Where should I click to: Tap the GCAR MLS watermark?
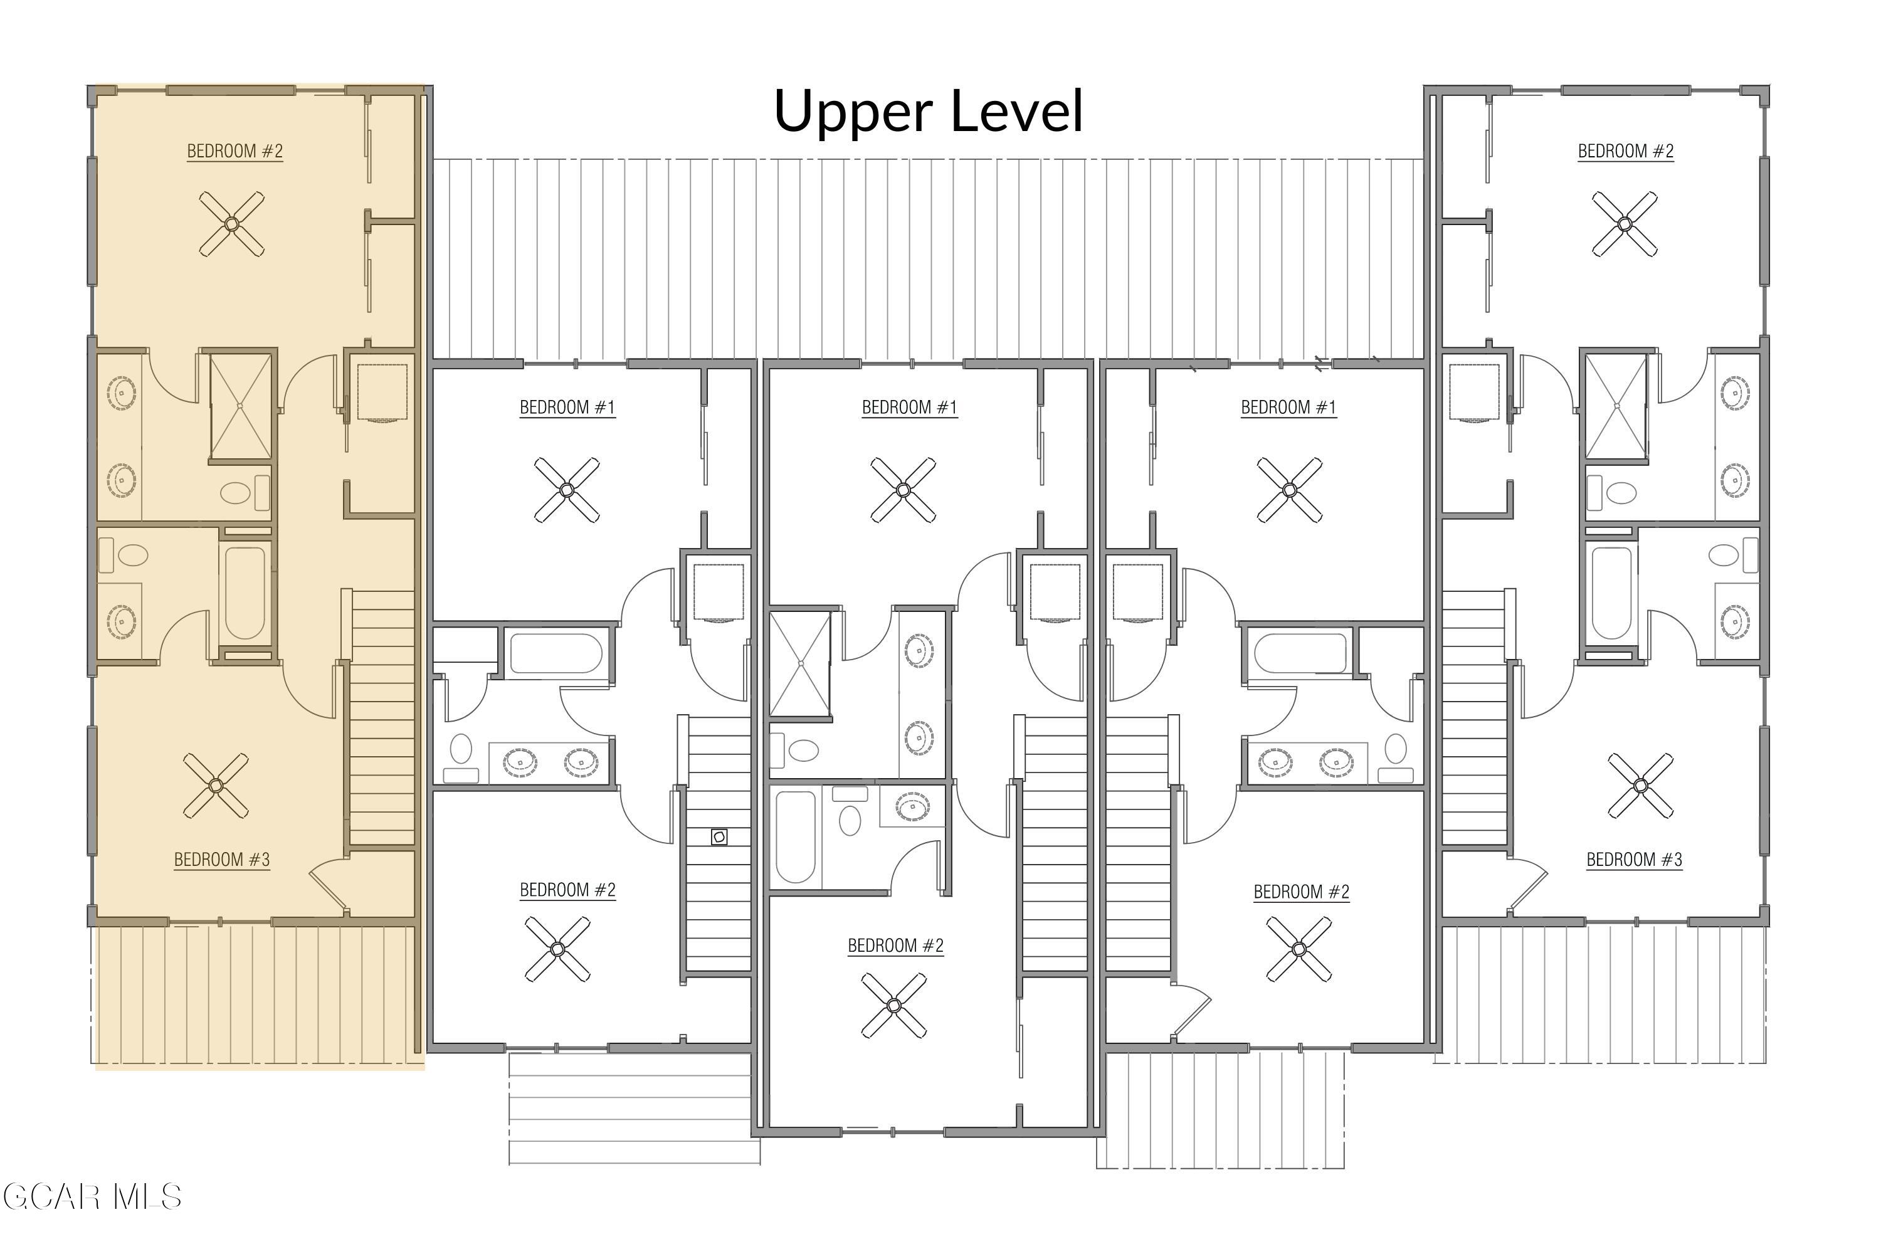[92, 1197]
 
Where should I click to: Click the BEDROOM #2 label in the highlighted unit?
[234, 151]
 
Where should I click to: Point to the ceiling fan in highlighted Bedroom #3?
[215, 786]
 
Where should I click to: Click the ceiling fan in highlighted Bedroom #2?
[231, 224]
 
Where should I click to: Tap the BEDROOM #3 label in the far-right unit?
[1634, 860]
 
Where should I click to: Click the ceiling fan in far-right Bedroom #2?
[1625, 224]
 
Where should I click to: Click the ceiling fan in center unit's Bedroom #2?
[894, 1005]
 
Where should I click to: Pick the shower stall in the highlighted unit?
[240, 406]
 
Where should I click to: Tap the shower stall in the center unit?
[800, 664]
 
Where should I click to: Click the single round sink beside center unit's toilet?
[912, 806]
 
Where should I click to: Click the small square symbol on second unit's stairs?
[719, 837]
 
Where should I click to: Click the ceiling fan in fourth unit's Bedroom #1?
[1289, 490]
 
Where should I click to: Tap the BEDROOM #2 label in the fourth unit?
[1301, 892]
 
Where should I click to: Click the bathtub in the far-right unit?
[1611, 593]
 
